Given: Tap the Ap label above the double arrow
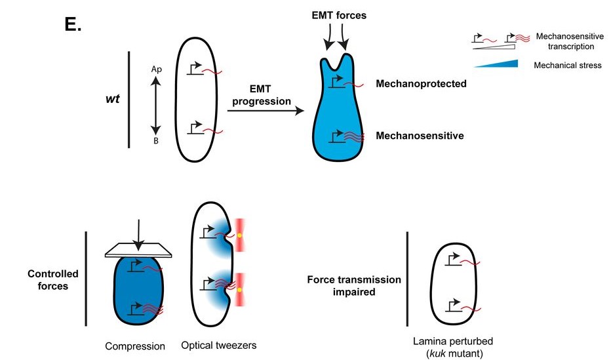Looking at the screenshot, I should pyautogui.click(x=156, y=69).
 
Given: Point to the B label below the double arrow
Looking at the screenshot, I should pyautogui.click(x=156, y=140).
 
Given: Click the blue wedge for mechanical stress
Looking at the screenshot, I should pyautogui.click(x=495, y=64).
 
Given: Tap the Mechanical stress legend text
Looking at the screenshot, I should pyautogui.click(x=567, y=65).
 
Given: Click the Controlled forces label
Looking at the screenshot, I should pyautogui.click(x=53, y=280).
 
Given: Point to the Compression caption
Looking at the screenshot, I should pyautogui.click(x=134, y=346).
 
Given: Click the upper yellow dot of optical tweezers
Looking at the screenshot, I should pyautogui.click(x=240, y=235).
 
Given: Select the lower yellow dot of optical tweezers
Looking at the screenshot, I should pyautogui.click(x=240, y=289).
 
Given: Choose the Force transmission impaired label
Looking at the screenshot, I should pyautogui.click(x=354, y=286).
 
